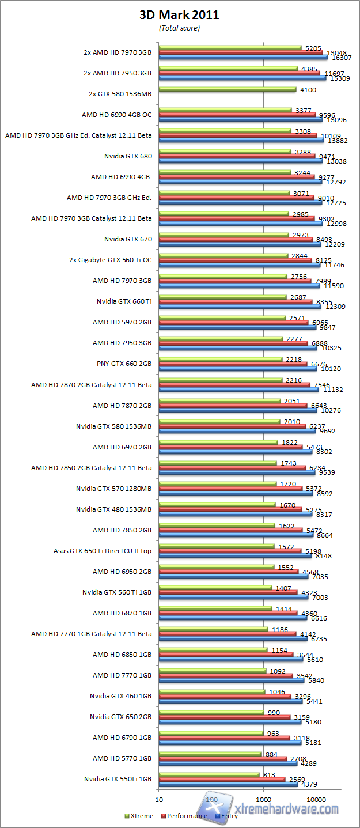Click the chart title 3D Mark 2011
tap(179, 16)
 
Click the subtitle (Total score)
tap(179, 28)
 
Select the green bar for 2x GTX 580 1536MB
tap(227, 89)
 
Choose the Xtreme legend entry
tap(139, 815)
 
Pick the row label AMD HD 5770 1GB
tap(122, 758)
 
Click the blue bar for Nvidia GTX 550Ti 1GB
tap(228, 784)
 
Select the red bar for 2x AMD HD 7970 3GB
tap(240, 52)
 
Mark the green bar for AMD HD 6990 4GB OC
tap(225, 109)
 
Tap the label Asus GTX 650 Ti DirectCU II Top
tap(103, 550)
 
